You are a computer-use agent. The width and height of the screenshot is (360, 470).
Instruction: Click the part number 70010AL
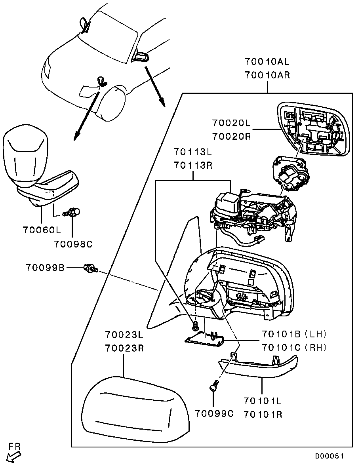pos(267,62)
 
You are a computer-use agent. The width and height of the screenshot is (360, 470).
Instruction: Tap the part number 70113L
pos(193,152)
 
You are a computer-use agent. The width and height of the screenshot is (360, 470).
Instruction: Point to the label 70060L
pos(41,229)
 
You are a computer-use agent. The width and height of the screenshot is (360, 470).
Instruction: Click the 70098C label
pos(74,244)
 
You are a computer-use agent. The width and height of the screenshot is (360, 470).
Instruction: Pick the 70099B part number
pos(45,267)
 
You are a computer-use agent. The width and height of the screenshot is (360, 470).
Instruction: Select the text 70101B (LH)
pos(294,334)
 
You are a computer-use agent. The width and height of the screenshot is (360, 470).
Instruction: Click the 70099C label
pos(214,414)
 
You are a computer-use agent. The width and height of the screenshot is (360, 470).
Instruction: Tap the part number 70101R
pos(263,415)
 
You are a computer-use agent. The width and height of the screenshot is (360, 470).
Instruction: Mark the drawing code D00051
pos(329,456)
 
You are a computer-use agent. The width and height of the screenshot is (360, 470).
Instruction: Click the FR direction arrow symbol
pos(14,457)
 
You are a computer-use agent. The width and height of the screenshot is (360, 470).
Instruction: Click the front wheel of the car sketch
pos(113,102)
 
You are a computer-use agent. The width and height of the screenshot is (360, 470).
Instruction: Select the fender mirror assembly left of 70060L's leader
pos(34,166)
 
